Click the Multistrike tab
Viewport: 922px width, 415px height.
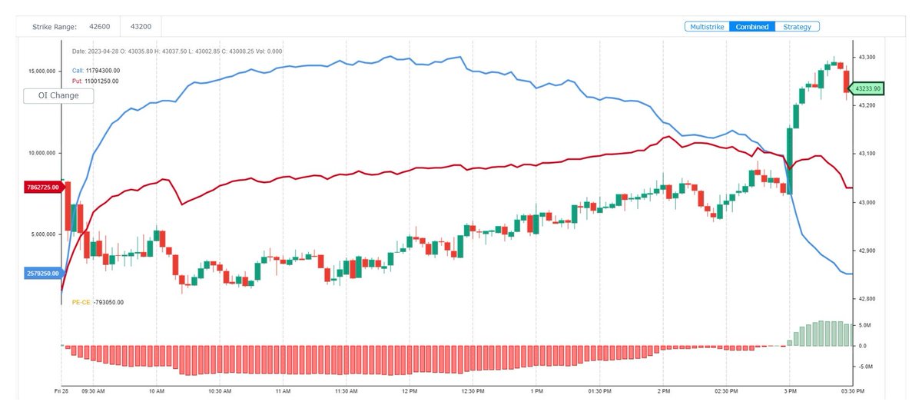click(x=707, y=27)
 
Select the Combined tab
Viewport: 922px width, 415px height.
click(x=752, y=27)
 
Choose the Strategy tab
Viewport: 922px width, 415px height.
click(x=798, y=27)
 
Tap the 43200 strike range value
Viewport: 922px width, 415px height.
click(x=141, y=27)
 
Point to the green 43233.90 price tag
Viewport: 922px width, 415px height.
click(x=870, y=88)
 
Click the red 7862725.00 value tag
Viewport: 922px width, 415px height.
click(x=42, y=187)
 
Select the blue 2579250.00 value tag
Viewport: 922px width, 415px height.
click(x=42, y=273)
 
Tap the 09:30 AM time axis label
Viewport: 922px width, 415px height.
click(x=92, y=391)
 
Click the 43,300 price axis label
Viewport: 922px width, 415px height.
click(x=867, y=57)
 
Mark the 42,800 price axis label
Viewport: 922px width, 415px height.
click(x=867, y=298)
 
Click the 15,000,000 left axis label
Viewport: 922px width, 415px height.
click(x=41, y=71)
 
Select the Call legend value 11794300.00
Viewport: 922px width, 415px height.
click(x=102, y=70)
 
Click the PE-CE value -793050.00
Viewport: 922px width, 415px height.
click(x=108, y=303)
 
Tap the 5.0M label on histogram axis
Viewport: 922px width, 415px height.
click(x=864, y=326)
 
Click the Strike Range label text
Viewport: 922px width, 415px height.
click(x=54, y=27)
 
